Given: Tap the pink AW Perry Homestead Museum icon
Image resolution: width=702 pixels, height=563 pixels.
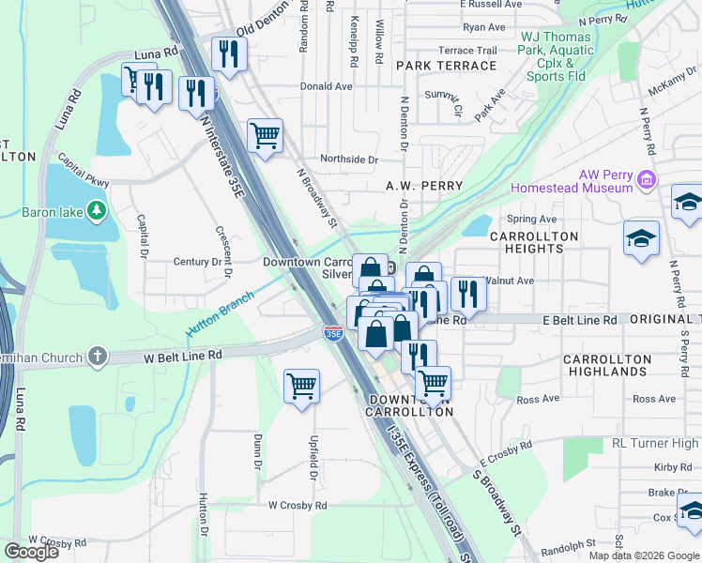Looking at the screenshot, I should click(x=646, y=179).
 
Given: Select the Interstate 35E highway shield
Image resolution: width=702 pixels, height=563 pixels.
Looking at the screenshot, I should click(x=332, y=332).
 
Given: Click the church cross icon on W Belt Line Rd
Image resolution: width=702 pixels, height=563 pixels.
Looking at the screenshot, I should click(x=96, y=356).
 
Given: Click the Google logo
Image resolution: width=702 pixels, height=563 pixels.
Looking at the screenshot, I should click(x=31, y=552).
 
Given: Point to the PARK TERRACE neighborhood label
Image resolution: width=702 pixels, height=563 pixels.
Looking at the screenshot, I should click(x=446, y=66).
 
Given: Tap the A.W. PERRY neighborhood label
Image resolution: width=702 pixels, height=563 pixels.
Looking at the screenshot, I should click(x=424, y=186).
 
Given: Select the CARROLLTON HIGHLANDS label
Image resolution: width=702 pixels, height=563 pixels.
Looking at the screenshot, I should click(x=606, y=365).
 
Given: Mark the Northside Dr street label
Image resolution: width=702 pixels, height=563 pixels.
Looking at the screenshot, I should click(x=347, y=160).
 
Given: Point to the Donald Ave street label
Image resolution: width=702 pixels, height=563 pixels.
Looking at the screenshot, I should click(x=326, y=85).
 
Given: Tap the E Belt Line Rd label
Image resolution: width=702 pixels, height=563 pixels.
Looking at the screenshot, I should click(x=580, y=320).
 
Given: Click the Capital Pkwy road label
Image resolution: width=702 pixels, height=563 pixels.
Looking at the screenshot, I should click(x=84, y=171).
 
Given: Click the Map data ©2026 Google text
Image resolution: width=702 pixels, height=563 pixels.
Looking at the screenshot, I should click(x=644, y=555).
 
